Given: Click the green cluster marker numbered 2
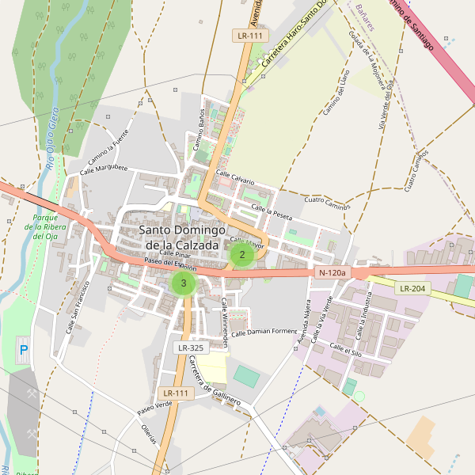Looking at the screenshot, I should (x=241, y=254).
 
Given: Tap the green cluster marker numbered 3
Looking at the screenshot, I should (x=184, y=283).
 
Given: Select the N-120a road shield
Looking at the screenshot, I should (x=332, y=272).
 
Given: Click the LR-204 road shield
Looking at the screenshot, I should (x=412, y=288).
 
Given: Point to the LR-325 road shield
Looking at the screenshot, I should (x=191, y=348).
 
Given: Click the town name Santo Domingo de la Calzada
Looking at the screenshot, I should (x=178, y=237).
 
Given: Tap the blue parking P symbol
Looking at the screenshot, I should (x=23, y=349).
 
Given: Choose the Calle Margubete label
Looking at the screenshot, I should (x=103, y=169).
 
